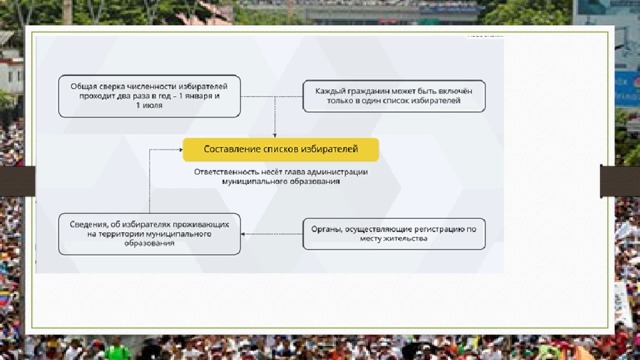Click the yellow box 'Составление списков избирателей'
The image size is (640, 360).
tap(281, 149)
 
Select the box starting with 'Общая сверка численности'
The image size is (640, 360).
tap(149, 96)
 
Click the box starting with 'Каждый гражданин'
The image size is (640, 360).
tap(394, 96)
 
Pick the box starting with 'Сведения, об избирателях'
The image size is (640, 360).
tap(149, 234)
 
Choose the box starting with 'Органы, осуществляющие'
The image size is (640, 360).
tap(394, 234)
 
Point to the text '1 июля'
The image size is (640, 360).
tap(149, 105)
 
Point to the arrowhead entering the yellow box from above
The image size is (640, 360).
tap(275, 136)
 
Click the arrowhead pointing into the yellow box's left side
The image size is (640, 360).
tap(180, 150)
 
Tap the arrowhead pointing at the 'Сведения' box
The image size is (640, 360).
tap(243, 234)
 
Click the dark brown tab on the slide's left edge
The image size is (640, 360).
tap(18, 181)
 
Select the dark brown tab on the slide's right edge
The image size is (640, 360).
tap(620, 181)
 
